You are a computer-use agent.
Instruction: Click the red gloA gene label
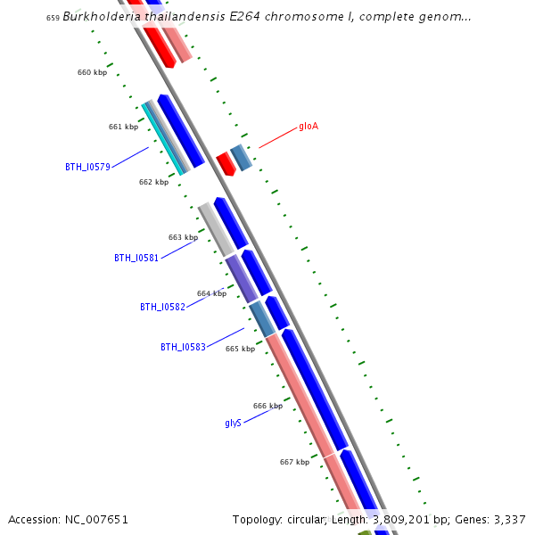coord(309,127)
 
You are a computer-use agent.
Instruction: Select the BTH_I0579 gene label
coord(87,167)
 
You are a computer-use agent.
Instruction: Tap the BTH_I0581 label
coord(136,258)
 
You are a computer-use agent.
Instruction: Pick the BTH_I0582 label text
coord(162,307)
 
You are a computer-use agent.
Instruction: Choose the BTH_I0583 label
coord(183,347)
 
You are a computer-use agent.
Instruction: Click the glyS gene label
coord(233,423)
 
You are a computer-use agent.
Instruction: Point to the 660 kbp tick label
coord(92,72)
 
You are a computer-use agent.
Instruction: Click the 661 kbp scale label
coord(123,127)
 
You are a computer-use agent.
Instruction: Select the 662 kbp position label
coord(153,182)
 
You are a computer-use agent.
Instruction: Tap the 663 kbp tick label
coord(183,237)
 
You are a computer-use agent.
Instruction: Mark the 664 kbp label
coord(211,293)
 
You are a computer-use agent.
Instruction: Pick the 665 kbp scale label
coord(240,349)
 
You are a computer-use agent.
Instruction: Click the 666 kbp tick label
coord(267,406)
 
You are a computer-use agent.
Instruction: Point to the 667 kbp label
coord(294,462)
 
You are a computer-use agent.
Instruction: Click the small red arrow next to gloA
coord(226,163)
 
